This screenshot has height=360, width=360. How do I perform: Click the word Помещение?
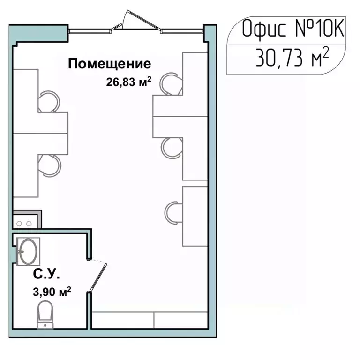(x=110, y=64)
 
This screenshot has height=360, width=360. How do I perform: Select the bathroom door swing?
(x=99, y=277)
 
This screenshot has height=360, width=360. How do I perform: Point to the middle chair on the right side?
(x=172, y=147)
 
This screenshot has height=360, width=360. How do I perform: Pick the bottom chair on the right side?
(x=173, y=212)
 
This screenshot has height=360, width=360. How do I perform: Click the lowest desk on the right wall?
(x=195, y=216)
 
